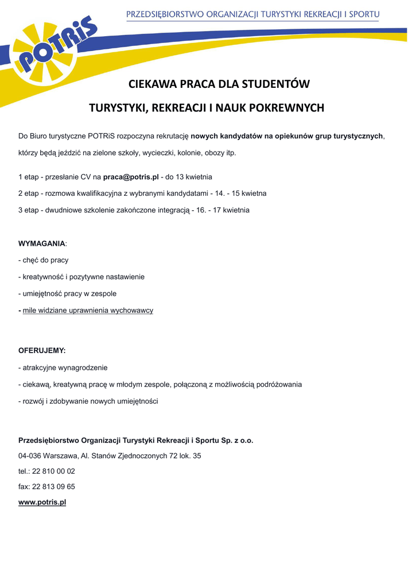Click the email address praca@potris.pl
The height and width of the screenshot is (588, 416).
130,177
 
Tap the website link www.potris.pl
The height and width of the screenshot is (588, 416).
42,502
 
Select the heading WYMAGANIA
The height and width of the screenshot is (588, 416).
42,243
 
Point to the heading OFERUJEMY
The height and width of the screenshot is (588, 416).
42,350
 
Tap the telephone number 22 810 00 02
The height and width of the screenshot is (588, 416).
53,471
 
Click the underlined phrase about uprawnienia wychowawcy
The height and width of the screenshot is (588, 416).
88,311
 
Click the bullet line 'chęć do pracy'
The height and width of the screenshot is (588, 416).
45,260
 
